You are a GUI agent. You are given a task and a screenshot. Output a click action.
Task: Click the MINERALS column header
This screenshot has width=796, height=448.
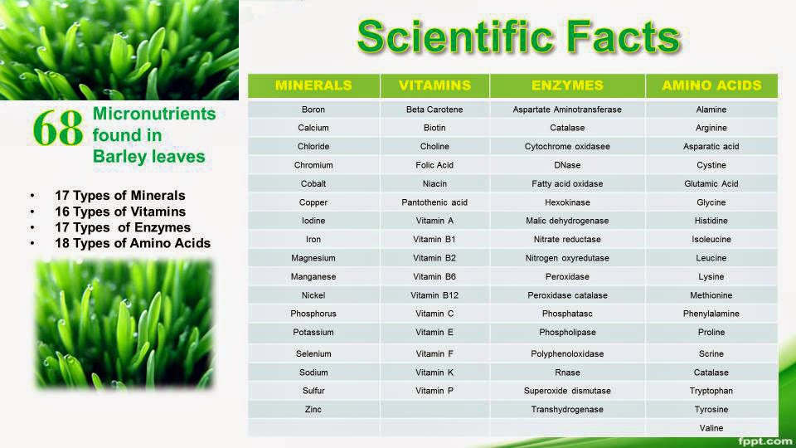tap(313, 85)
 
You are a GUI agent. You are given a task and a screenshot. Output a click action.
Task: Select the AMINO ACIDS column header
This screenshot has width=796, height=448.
tap(711, 85)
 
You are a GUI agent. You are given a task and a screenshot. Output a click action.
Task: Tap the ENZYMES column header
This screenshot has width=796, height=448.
tap(567, 85)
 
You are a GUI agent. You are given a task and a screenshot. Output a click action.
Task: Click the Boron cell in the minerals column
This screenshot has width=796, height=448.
tap(313, 110)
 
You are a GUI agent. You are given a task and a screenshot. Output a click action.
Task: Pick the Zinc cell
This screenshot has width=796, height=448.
tap(313, 409)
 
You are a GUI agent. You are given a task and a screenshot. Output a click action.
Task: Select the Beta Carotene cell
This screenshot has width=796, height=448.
tap(434, 110)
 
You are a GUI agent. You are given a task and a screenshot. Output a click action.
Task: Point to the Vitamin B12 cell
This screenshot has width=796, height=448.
tap(434, 295)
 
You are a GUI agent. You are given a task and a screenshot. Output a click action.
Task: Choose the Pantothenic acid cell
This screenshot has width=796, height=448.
tap(434, 202)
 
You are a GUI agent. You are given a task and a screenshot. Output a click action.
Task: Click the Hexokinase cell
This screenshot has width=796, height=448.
tap(567, 202)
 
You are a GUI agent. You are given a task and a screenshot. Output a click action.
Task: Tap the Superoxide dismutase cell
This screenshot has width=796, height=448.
tap(567, 391)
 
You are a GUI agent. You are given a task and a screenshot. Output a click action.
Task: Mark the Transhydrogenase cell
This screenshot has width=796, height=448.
tap(567, 409)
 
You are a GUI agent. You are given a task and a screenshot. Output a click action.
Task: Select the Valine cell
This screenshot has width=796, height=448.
tap(711, 428)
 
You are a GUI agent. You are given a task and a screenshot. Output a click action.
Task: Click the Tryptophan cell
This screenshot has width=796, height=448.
tap(711, 391)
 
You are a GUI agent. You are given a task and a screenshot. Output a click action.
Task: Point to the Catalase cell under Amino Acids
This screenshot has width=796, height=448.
tap(711, 373)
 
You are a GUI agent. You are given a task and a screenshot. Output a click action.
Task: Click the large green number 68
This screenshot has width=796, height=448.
tap(58, 129)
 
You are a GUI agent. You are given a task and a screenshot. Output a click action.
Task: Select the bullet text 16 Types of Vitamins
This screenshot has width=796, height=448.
tap(120, 212)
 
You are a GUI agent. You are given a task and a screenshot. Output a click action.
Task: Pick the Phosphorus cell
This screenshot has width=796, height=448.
tap(313, 314)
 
